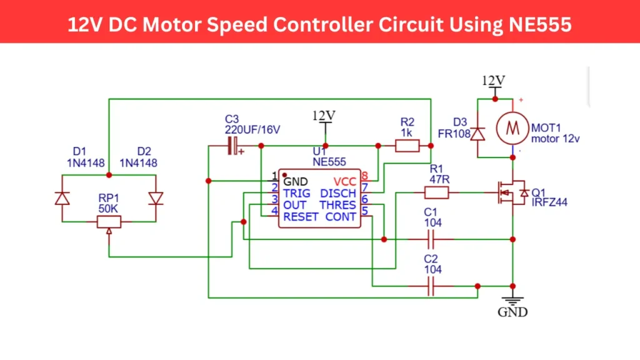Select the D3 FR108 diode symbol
coord(478,134)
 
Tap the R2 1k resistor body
coord(407,146)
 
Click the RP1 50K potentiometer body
coord(109,221)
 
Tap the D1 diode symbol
coord(62,198)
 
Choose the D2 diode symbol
coord(156,198)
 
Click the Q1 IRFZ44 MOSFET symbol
coord(507,193)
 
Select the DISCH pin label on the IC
coord(338,193)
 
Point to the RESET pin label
coord(301,217)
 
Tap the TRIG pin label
coord(296,193)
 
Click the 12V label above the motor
coord(494,81)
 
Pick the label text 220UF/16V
coord(252,129)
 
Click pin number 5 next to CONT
coord(364,217)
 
